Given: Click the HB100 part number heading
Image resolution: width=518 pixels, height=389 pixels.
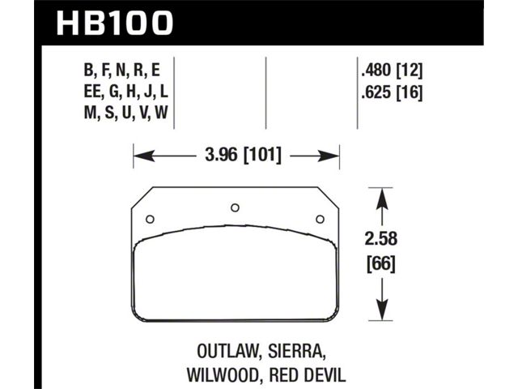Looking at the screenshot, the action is click(x=115, y=23).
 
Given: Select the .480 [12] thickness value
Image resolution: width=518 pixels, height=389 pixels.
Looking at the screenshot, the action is click(x=392, y=71).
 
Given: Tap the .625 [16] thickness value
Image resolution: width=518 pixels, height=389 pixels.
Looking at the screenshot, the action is click(x=392, y=92).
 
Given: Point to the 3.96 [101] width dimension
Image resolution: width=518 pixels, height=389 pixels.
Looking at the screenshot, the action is click(x=243, y=155).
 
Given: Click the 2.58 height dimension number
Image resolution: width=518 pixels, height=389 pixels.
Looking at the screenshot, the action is click(x=381, y=238).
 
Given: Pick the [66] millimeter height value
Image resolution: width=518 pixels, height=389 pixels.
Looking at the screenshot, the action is click(x=381, y=264).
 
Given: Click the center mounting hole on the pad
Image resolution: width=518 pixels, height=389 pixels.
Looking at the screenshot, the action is click(x=235, y=207).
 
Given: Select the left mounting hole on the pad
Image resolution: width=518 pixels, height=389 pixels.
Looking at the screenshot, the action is click(x=150, y=219).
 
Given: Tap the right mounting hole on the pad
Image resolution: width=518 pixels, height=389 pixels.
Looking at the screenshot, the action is click(x=320, y=219).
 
